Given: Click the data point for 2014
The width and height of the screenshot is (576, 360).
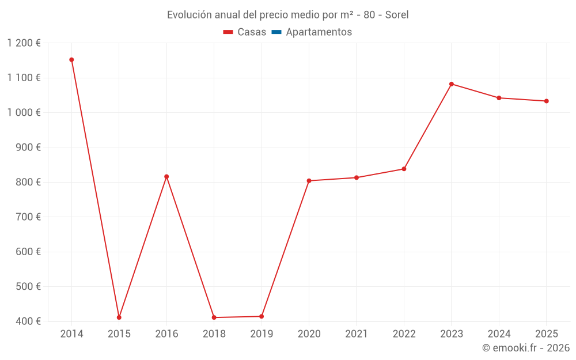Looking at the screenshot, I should [x=71, y=60].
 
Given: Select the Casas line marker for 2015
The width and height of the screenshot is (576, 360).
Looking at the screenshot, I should [x=119, y=317].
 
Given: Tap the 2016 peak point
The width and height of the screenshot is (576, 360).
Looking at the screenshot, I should [x=166, y=177].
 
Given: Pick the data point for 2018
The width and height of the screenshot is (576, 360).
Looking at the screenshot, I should [x=214, y=317].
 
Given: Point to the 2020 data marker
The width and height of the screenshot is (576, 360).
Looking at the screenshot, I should [x=309, y=181].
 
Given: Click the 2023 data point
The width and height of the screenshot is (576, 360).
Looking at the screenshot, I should [x=452, y=84].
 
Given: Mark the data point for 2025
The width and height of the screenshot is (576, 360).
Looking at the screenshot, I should [x=546, y=101].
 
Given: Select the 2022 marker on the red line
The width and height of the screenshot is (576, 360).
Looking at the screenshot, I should [x=404, y=169].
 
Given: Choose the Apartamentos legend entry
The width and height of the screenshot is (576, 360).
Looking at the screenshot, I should [x=319, y=32].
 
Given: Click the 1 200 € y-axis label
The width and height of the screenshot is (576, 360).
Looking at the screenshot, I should [x=24, y=43].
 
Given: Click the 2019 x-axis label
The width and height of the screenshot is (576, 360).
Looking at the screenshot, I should [x=262, y=334].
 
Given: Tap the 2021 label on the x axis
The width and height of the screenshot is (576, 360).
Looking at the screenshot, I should [x=357, y=334].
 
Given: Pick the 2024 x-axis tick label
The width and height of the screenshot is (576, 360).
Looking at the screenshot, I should [x=499, y=334].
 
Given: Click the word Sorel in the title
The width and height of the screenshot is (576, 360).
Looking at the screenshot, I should [x=396, y=15].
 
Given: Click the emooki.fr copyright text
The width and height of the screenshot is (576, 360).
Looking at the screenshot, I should [x=526, y=348].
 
